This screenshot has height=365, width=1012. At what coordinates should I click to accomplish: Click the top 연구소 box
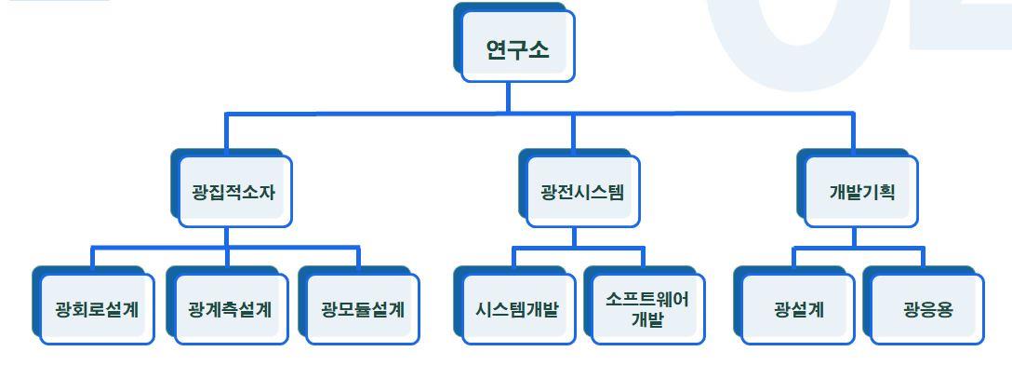pos(517,48)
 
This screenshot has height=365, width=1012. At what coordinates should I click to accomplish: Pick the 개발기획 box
pos(861,193)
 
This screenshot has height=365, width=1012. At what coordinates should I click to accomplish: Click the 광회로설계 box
pos(97,309)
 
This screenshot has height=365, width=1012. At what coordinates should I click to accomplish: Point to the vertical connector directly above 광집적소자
pos(226,132)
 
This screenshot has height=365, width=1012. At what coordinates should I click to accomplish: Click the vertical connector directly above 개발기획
pos(854,132)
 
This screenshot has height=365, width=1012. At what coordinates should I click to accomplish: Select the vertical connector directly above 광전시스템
pos(573,132)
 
